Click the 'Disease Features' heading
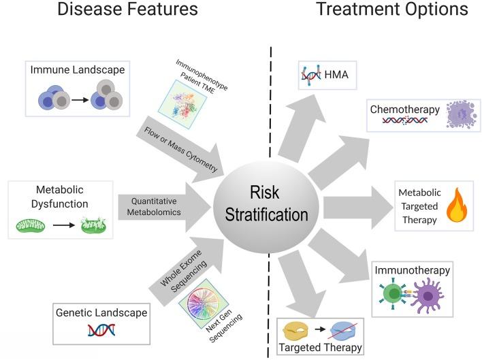pos(127,10)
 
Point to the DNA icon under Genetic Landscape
pos(99,331)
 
